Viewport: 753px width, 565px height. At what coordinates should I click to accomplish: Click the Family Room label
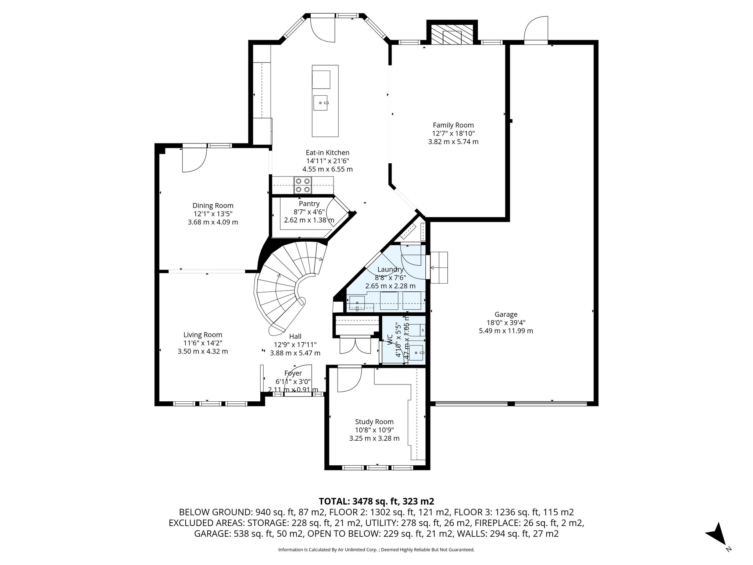pos(453,125)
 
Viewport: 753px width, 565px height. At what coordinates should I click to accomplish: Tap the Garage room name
pos(506,315)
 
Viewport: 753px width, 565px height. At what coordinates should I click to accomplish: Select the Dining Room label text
pos(213,206)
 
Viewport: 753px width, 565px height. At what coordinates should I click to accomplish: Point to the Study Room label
pos(374,422)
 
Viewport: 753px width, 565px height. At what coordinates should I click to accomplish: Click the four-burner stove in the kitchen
pos(303,185)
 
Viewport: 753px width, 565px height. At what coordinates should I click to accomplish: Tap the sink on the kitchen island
pos(321,103)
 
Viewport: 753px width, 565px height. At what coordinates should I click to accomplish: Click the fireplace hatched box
pos(452,35)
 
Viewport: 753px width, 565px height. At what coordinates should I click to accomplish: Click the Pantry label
pos(309,204)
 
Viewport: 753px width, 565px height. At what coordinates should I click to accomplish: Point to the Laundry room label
pos(390,270)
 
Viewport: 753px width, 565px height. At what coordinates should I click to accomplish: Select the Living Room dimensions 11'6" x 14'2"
pos(203,343)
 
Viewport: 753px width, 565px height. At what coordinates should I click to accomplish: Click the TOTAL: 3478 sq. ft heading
pos(376,501)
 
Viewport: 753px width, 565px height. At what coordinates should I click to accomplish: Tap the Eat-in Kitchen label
pos(328,153)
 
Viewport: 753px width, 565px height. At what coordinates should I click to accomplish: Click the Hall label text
pos(295,336)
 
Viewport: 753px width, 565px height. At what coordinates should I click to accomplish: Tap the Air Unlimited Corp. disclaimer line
pos(376,550)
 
